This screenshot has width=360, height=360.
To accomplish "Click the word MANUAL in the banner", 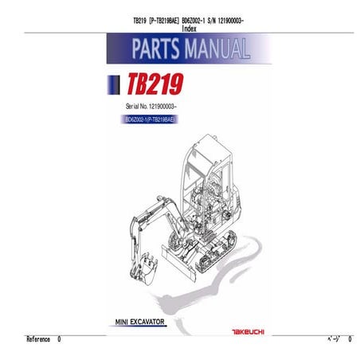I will [x=215, y=51].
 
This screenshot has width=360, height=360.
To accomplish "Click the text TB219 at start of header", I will [x=139, y=19].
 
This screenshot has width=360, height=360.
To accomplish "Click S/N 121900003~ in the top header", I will [x=225, y=19].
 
